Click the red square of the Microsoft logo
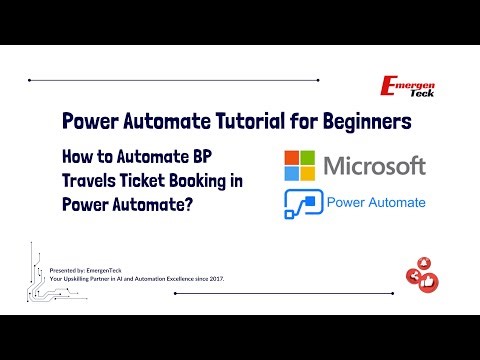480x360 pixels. point(293,157)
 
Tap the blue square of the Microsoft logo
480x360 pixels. point(293,171)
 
